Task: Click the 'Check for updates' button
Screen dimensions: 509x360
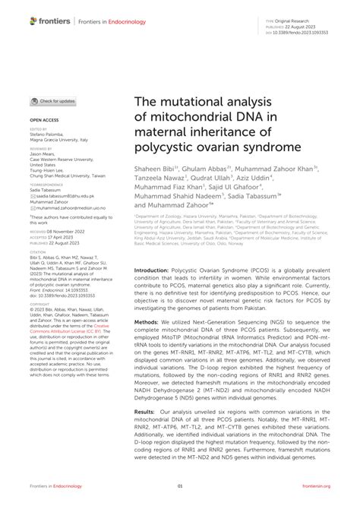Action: (53, 100)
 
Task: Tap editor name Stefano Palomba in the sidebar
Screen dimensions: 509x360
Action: (51, 134)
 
